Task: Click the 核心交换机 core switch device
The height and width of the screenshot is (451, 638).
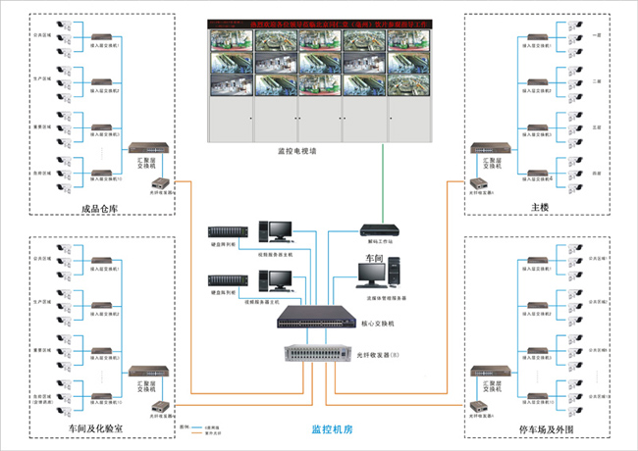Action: (317, 316)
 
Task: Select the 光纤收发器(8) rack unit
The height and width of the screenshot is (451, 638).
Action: (316, 355)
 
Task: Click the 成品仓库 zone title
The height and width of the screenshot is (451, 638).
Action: (102, 207)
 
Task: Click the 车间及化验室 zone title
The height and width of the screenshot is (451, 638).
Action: (101, 428)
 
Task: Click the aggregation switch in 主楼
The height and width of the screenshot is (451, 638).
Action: (486, 150)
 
